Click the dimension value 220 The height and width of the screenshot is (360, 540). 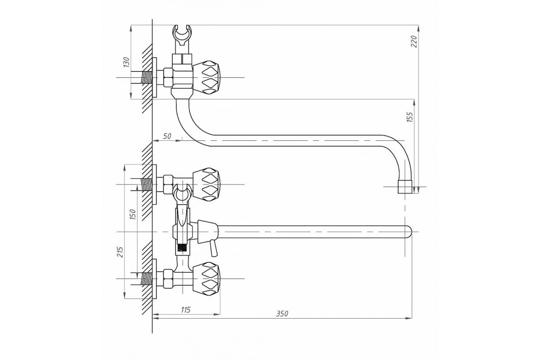(x=414, y=41)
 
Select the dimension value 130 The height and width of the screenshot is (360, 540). (x=126, y=62)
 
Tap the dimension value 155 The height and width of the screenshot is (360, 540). (x=409, y=117)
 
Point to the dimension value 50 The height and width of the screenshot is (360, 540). (x=167, y=136)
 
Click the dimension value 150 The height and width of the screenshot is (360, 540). (x=132, y=214)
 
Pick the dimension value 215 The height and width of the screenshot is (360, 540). (x=120, y=252)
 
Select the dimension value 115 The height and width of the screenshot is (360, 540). (x=185, y=310)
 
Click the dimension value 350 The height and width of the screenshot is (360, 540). (x=282, y=314)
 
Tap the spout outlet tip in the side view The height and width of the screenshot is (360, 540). (x=405, y=187)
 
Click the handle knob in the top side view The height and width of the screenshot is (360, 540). (x=207, y=77)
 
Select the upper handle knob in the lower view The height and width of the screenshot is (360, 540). (x=207, y=184)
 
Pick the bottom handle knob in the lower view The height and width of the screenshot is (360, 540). (x=207, y=279)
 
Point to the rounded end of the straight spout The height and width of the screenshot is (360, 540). (x=408, y=231)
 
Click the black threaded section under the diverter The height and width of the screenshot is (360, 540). (x=182, y=248)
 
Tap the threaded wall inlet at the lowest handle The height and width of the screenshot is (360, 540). (x=146, y=279)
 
